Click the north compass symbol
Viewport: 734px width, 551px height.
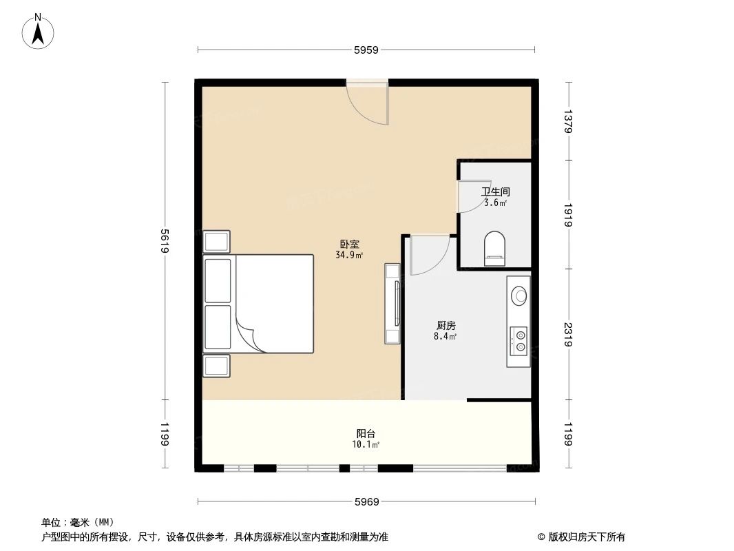pyautogui.click(x=39, y=31)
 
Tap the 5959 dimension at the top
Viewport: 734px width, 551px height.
pyautogui.click(x=366, y=50)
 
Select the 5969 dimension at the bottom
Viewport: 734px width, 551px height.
pyautogui.click(x=366, y=501)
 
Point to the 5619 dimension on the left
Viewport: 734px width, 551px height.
pyautogui.click(x=165, y=240)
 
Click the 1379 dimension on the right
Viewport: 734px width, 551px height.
pyautogui.click(x=568, y=121)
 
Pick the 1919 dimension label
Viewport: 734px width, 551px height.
pyautogui.click(x=568, y=215)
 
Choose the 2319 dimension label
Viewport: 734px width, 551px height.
pyautogui.click(x=568, y=335)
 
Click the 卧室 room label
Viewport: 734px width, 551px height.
pyautogui.click(x=349, y=244)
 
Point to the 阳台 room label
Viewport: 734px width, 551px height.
pyautogui.click(x=366, y=433)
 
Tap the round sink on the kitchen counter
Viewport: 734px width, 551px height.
pyautogui.click(x=518, y=294)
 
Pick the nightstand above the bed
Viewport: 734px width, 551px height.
pyautogui.click(x=216, y=242)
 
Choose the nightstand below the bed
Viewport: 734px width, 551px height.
pyautogui.click(x=216, y=366)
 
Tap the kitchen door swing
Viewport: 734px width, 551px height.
pyautogui.click(x=427, y=255)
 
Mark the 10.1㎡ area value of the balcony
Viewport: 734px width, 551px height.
pyautogui.click(x=366, y=444)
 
